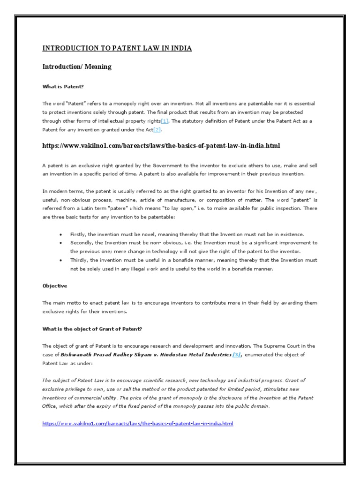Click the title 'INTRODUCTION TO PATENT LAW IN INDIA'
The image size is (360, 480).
(117, 48)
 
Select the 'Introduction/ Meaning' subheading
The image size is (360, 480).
(77, 67)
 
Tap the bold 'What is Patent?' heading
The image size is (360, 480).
(62, 86)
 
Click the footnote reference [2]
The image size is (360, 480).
(157, 129)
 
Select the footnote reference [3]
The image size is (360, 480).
(237, 355)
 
